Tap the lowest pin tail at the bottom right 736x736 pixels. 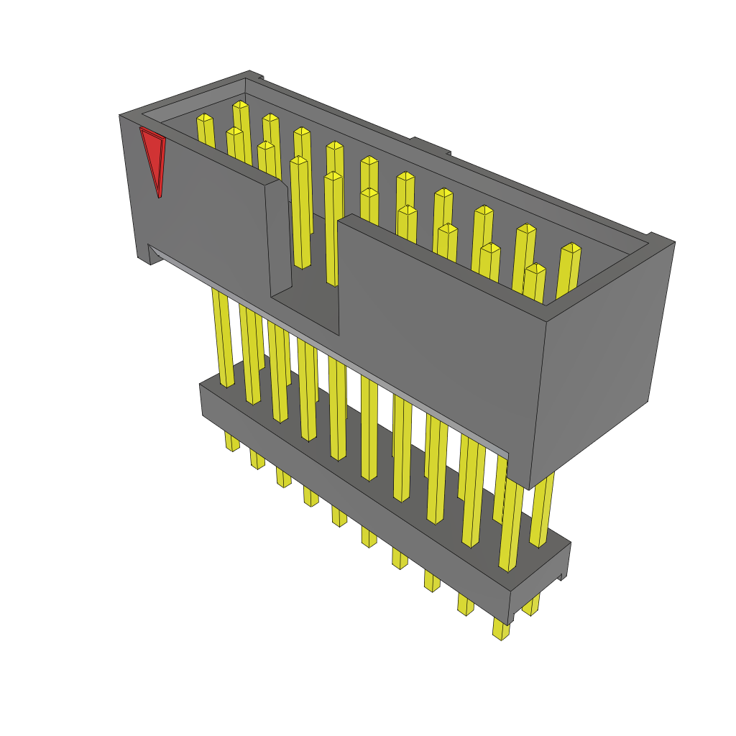501,631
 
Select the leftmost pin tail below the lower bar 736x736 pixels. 231,442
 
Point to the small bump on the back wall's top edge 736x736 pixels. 430,145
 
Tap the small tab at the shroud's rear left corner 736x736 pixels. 256,74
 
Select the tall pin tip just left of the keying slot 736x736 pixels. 299,161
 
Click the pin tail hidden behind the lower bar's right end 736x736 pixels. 531,607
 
